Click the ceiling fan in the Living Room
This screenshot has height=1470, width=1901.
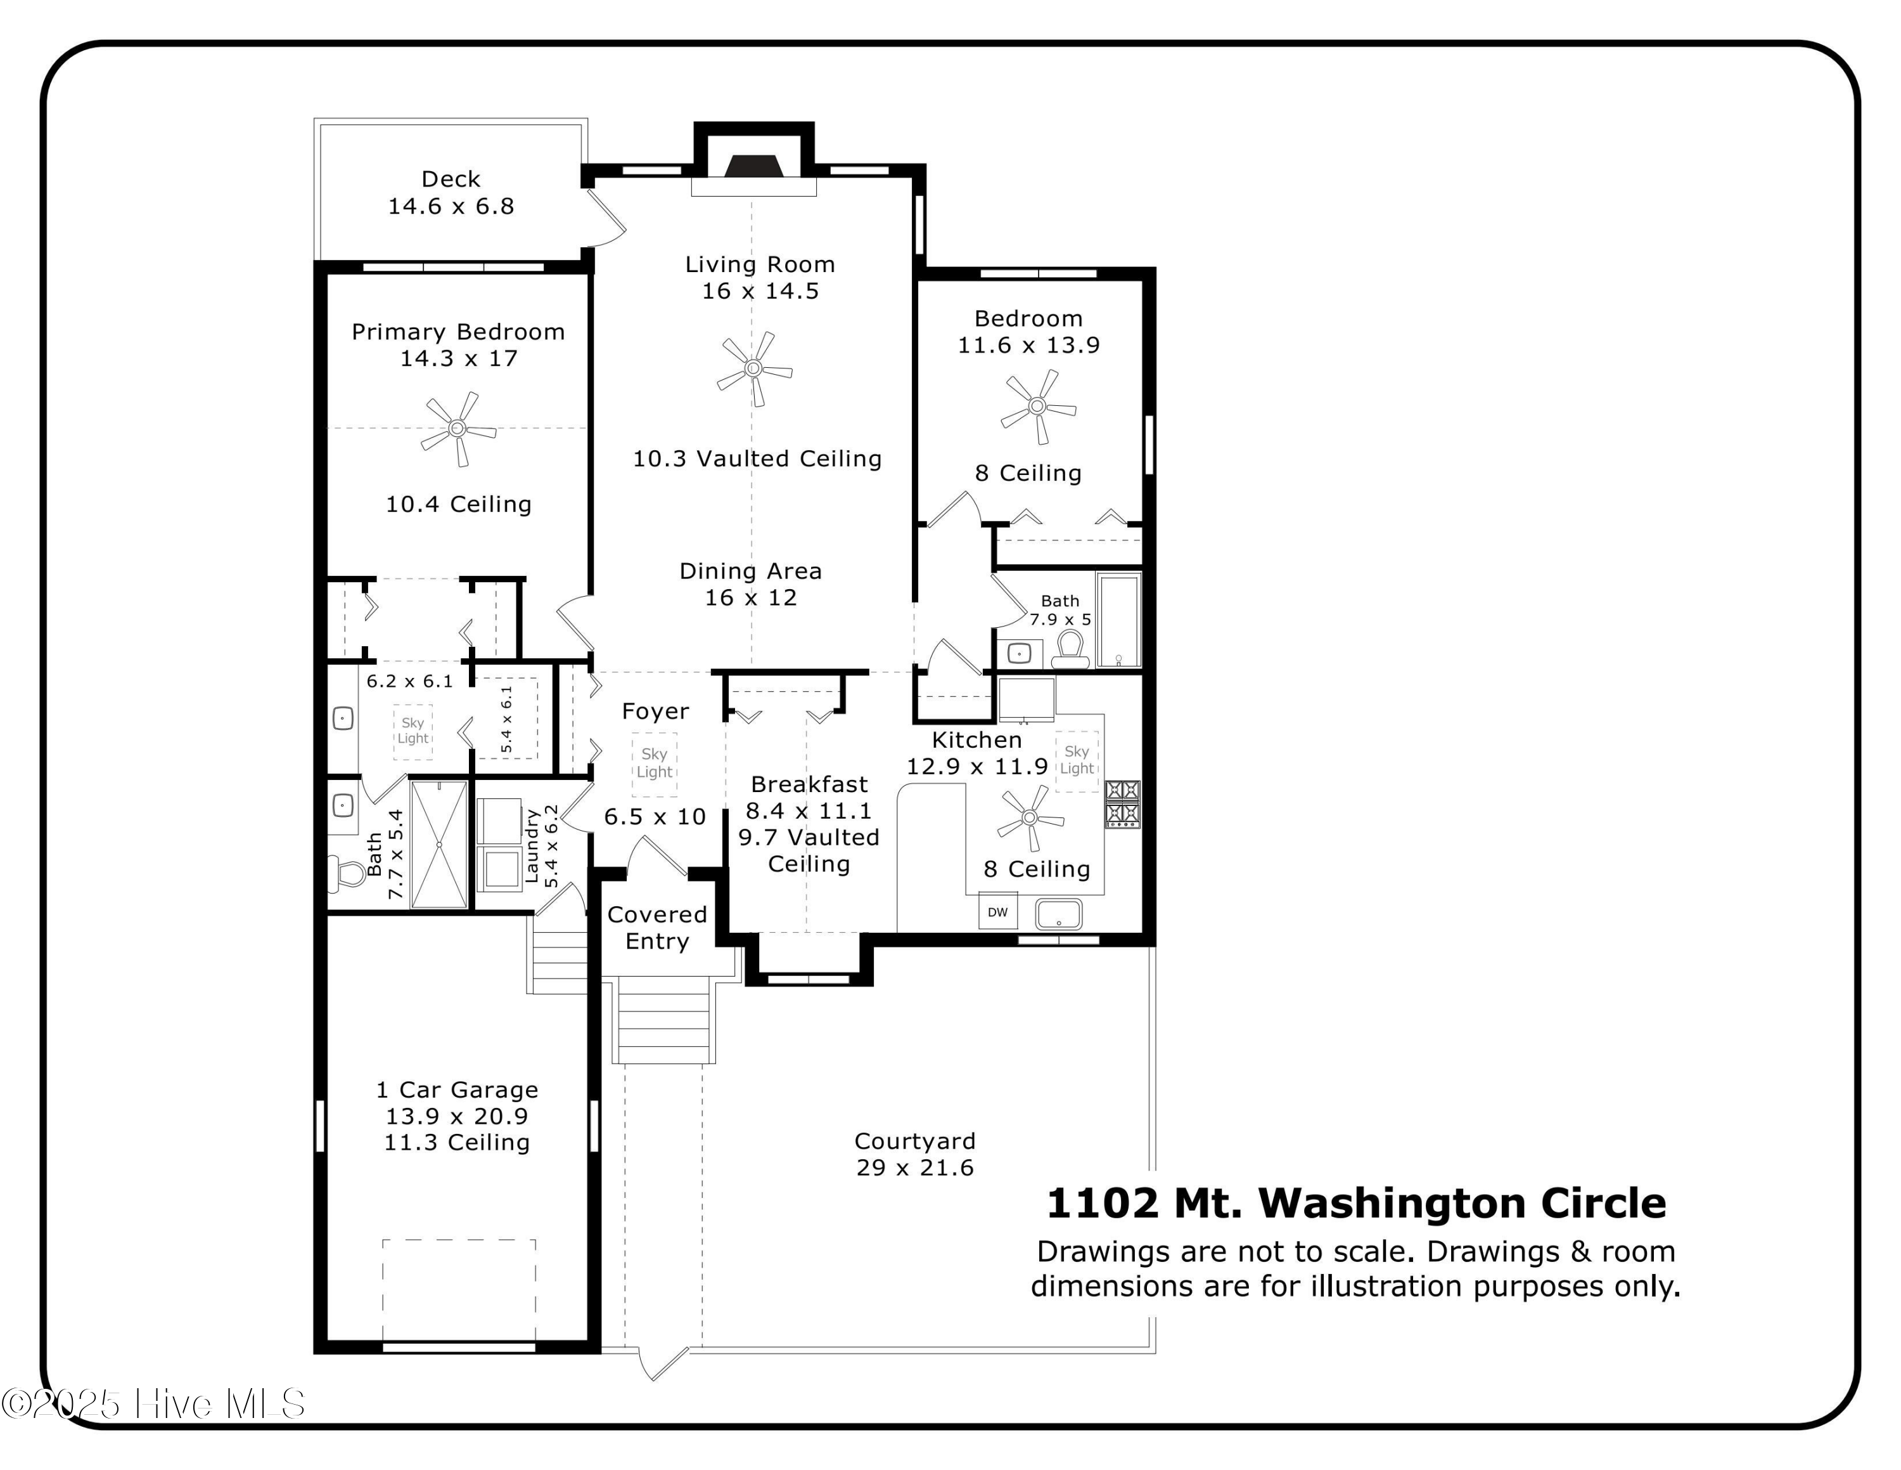point(754,368)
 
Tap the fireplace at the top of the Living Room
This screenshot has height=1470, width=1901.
point(754,166)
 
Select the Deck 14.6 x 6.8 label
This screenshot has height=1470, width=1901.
point(451,192)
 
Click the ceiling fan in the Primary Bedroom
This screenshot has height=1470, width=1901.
point(458,429)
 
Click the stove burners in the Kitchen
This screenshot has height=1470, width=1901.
point(1123,803)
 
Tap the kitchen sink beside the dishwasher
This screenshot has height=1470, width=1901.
point(1058,914)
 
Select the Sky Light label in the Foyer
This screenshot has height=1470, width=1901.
point(655,763)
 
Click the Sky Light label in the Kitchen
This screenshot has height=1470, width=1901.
point(1077,759)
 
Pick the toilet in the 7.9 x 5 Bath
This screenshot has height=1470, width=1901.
point(1071,649)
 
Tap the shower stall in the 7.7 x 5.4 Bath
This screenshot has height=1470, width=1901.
point(438,845)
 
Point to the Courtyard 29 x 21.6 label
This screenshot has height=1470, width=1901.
point(915,1154)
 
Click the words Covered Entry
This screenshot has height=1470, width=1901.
point(657,927)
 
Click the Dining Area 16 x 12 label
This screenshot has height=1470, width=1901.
point(750,584)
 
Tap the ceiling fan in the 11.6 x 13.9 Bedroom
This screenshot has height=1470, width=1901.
point(1037,406)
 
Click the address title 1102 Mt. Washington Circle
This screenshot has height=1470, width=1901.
point(1356,1202)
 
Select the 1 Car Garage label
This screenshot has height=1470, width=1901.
point(457,1089)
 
